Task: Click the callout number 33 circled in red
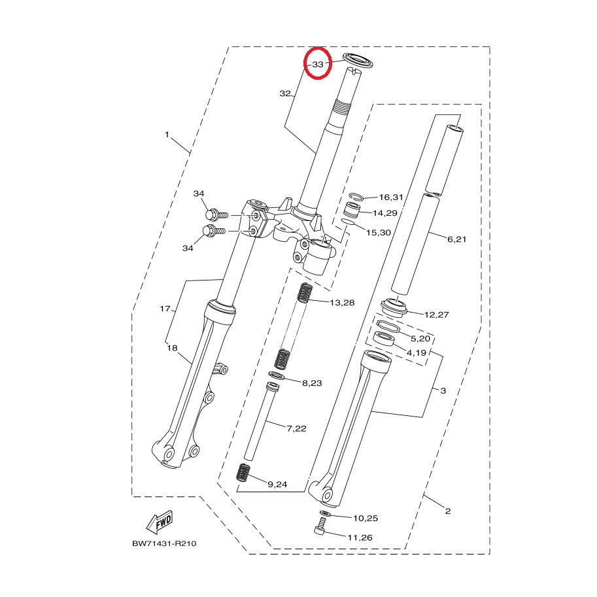coord(318,64)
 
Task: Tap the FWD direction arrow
coord(160,521)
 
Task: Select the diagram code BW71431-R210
coord(164,543)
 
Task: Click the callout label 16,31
coord(391,197)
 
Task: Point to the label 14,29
coord(385,213)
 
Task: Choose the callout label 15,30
coord(379,232)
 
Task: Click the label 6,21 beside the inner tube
coord(456,239)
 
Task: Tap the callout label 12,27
coord(436,315)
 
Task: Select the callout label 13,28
coord(342,303)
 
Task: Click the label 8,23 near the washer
coord(312,383)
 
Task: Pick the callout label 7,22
coord(296,428)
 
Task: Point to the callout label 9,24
coord(277,485)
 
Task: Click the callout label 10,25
coord(366,518)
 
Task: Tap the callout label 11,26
coord(360,537)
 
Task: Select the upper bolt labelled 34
coord(216,214)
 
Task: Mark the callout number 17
coord(165,309)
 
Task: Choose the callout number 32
coord(285,94)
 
